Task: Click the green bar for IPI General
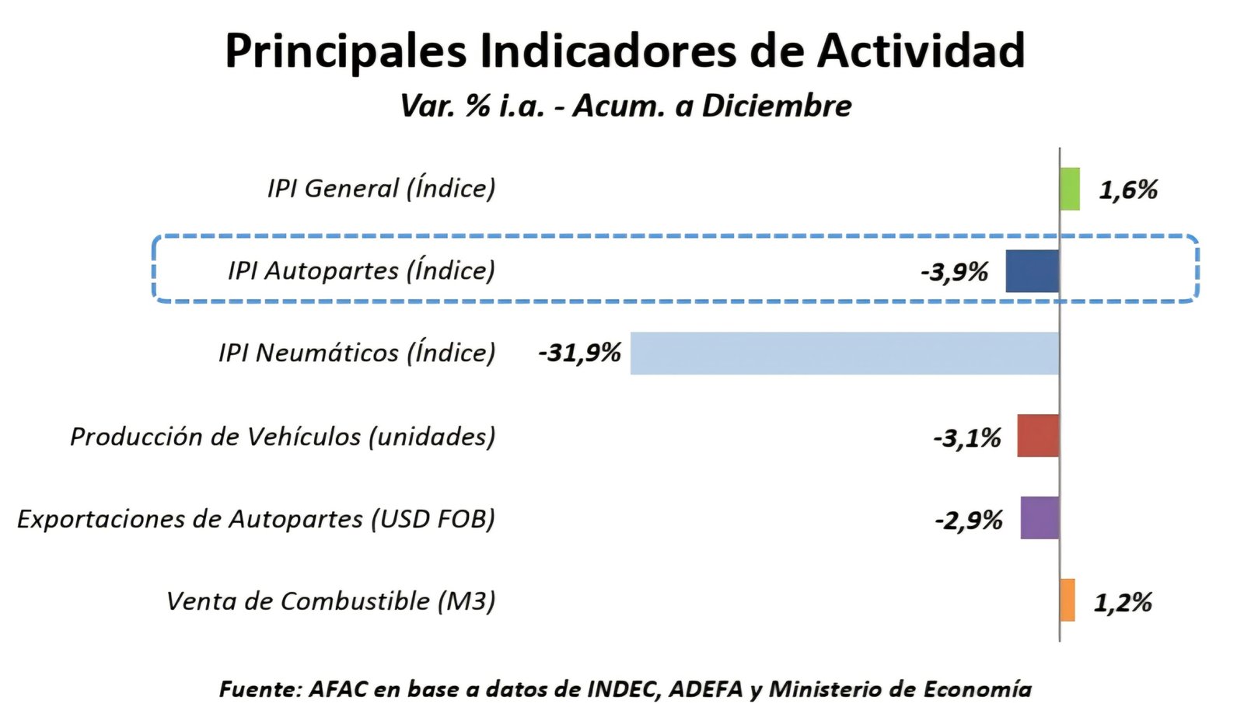point(1070,189)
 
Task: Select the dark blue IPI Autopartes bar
point(1032,271)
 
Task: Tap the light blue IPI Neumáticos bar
point(844,353)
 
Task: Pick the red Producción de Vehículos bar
point(1038,436)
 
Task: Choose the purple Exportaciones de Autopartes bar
point(1040,518)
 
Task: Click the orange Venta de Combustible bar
point(1068,601)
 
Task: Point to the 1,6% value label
point(1128,190)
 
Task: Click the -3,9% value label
point(954,272)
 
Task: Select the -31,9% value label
point(579,353)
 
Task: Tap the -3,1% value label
point(967,438)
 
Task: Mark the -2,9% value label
point(969,521)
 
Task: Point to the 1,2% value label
point(1123,602)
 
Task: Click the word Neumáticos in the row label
point(327,353)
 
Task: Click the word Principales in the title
point(346,51)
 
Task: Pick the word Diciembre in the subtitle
point(777,106)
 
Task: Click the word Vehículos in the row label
point(303,437)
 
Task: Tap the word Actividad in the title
point(921,51)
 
